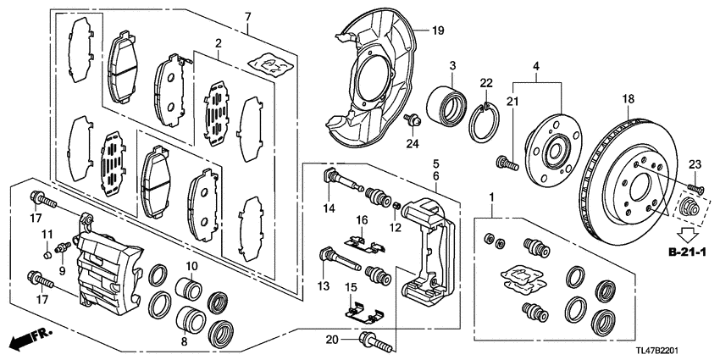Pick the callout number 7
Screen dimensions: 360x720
248,17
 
